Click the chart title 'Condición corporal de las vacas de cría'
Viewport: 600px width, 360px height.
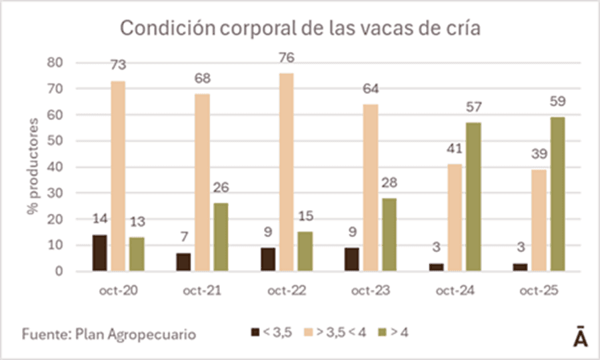coord(299,29)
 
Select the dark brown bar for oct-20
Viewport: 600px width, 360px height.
coord(99,253)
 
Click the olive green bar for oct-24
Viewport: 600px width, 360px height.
coord(473,197)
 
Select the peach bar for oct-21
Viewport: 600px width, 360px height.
coord(202,183)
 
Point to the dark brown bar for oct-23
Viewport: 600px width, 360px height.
coord(351,259)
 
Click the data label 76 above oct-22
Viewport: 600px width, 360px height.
coord(287,58)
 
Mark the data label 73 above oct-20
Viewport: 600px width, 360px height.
coord(118,65)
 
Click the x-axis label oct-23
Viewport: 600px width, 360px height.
coord(369,290)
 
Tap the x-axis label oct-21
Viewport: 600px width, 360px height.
coord(201,290)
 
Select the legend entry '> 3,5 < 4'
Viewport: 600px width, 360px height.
coord(335,332)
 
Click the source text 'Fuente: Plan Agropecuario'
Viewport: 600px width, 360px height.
coord(109,333)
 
